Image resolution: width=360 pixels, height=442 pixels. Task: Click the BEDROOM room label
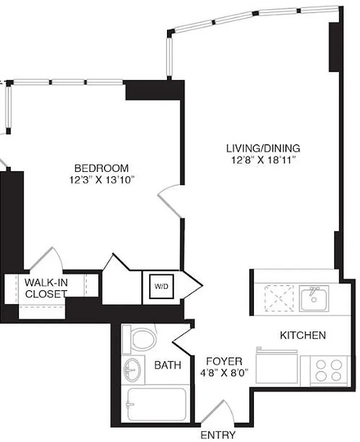(102, 168)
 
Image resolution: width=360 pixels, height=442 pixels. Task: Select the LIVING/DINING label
(263, 148)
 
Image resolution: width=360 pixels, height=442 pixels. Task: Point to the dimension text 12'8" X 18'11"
(263, 160)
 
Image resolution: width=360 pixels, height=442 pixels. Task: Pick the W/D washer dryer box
(161, 287)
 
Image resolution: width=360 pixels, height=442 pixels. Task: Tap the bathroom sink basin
(132, 369)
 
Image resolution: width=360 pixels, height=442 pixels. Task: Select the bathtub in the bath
(156, 406)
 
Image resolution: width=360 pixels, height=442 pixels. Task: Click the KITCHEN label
(302, 335)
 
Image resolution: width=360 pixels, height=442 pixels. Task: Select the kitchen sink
(314, 298)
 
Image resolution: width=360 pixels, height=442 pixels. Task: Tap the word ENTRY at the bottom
(218, 435)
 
